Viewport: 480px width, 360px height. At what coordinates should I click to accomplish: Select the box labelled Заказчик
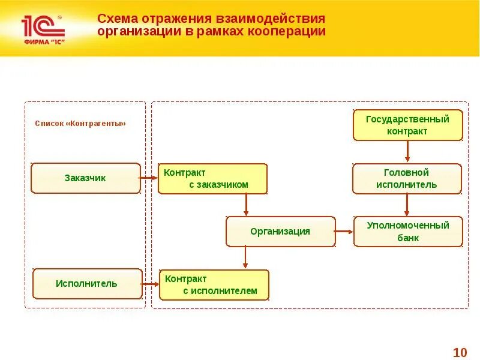tap(85, 178)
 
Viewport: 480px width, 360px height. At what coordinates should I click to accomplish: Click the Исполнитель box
tap(87, 284)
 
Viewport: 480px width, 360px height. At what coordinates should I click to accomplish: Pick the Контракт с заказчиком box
tap(212, 179)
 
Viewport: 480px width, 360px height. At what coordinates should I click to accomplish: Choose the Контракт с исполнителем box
tap(214, 285)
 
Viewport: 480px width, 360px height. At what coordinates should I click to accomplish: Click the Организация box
tap(280, 232)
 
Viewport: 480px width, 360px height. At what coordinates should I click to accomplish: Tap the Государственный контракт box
tap(407, 125)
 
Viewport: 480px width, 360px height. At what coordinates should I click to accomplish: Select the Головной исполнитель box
tap(407, 179)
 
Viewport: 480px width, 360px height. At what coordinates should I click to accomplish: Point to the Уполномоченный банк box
tap(408, 232)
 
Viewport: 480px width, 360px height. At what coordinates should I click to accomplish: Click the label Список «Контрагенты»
tap(80, 124)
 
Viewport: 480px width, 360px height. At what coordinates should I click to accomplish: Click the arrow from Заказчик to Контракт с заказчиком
tap(149, 178)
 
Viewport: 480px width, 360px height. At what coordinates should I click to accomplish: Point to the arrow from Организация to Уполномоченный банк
tap(344, 232)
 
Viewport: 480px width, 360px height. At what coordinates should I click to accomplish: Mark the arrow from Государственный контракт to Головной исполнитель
tap(408, 152)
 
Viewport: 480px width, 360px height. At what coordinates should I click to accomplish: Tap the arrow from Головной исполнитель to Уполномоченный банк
tap(407, 205)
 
